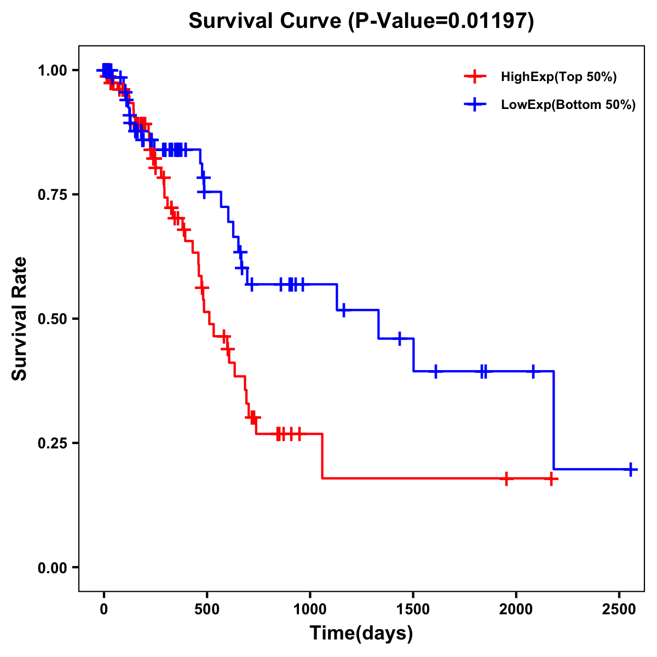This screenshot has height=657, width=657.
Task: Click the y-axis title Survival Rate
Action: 20,319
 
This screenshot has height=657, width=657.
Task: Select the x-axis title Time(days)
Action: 361,633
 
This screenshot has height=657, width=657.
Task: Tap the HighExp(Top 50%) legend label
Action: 558,77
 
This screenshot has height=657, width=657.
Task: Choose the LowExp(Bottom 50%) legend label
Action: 568,105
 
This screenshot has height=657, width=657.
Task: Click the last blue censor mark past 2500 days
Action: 631,469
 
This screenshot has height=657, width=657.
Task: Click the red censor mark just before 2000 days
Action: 506,479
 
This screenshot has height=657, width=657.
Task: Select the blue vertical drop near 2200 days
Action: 554,422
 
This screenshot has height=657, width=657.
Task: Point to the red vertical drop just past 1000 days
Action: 322,456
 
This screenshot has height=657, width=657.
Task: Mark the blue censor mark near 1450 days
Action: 400,338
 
